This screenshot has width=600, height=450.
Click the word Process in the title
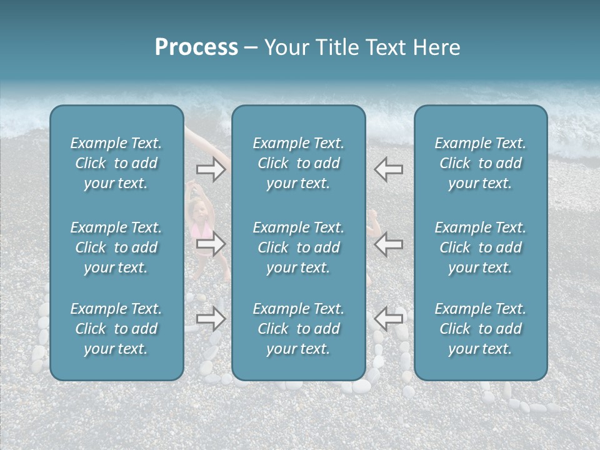196,47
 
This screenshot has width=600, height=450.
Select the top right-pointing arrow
211,169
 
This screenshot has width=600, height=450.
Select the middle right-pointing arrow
211,244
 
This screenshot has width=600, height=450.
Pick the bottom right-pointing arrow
211,319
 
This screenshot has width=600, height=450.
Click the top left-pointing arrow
388,169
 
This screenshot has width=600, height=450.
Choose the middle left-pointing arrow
388,244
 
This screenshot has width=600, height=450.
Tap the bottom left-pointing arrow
388,319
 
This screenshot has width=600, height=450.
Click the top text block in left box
116,163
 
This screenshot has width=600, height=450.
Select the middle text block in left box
116,247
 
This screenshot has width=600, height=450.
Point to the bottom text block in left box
116,329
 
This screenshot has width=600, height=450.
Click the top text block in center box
298,163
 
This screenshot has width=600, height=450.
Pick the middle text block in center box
298,247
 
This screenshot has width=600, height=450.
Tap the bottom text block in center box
298,329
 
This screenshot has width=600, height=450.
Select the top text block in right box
480,163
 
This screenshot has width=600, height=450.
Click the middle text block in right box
480,247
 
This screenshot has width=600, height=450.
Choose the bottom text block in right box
480,329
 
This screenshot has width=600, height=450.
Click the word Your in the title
285,47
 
